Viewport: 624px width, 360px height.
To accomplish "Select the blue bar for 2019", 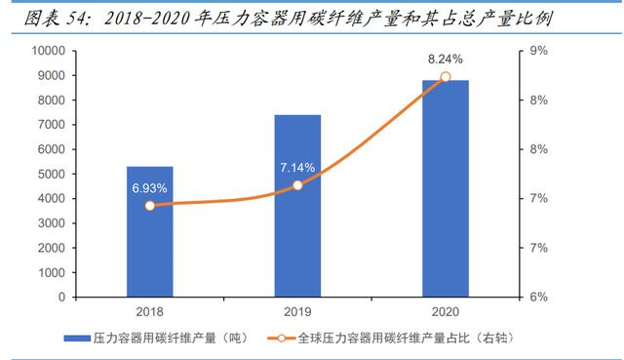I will (x=297, y=206).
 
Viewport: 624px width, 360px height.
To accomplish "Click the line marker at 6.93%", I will (x=149, y=206).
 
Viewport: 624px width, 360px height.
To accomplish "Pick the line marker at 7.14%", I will (x=297, y=184).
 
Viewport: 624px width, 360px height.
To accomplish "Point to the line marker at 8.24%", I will (x=445, y=77).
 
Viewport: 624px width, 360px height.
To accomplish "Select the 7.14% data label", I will (x=296, y=167).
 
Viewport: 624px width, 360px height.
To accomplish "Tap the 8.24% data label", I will (x=444, y=59).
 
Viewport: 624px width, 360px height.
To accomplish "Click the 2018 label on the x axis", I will (x=149, y=310).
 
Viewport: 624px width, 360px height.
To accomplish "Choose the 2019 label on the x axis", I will (x=297, y=310).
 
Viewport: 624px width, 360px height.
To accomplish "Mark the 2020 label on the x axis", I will (x=445, y=310).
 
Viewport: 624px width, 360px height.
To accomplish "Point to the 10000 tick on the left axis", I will (x=45, y=51).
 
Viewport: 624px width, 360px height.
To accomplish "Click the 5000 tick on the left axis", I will (x=48, y=174).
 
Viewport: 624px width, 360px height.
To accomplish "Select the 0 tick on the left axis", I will (x=60, y=297).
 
